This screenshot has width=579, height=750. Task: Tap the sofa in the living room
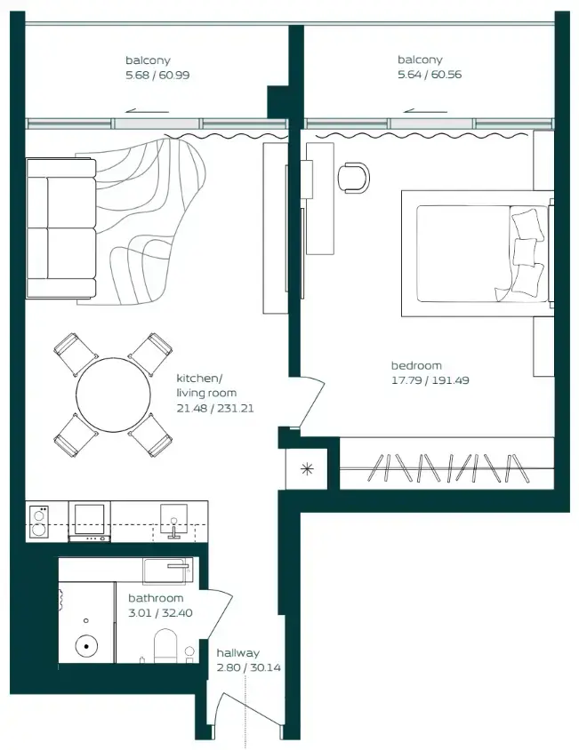pos(60,228)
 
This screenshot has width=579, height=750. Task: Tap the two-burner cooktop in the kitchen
pos(39,521)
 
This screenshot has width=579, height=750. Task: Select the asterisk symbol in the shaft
pos(306,469)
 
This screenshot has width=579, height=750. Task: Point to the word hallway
pos(237,653)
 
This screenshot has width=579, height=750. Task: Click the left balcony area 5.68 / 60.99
pos(157,75)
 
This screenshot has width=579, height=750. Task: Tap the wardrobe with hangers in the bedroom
pos(449,465)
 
